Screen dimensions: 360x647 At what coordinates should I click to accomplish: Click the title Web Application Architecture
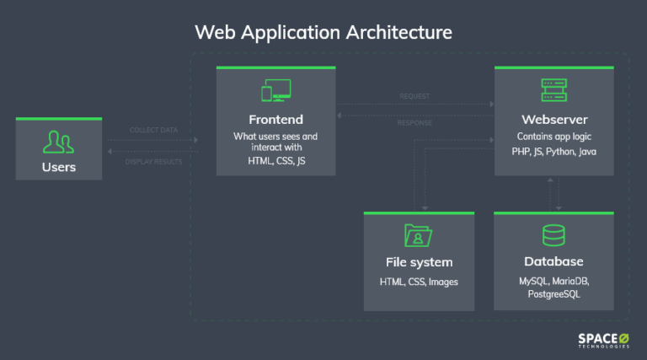click(323, 32)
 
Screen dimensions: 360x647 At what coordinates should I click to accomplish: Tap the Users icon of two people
click(59, 142)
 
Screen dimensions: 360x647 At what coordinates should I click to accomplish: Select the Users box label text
click(59, 167)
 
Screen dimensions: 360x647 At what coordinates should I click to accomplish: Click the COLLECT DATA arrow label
click(153, 131)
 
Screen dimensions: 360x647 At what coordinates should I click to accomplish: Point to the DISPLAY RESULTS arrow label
click(153, 161)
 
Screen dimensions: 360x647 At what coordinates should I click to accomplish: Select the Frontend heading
click(275, 119)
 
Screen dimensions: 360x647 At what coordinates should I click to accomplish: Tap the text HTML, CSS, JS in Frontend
click(275, 160)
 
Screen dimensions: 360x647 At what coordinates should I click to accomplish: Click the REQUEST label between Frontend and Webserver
click(414, 96)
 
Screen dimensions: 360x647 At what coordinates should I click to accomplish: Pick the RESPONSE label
click(414, 123)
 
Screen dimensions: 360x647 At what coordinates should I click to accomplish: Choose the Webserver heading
click(553, 119)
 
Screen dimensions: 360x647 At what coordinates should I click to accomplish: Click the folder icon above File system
click(419, 235)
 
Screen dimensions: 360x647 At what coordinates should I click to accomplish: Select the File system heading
click(419, 261)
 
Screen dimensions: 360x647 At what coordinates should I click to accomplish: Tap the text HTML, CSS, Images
click(419, 282)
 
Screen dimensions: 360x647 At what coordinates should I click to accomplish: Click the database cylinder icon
click(553, 235)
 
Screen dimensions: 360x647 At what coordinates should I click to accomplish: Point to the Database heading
click(553, 261)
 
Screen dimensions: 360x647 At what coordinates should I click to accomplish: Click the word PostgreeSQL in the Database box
click(553, 294)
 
